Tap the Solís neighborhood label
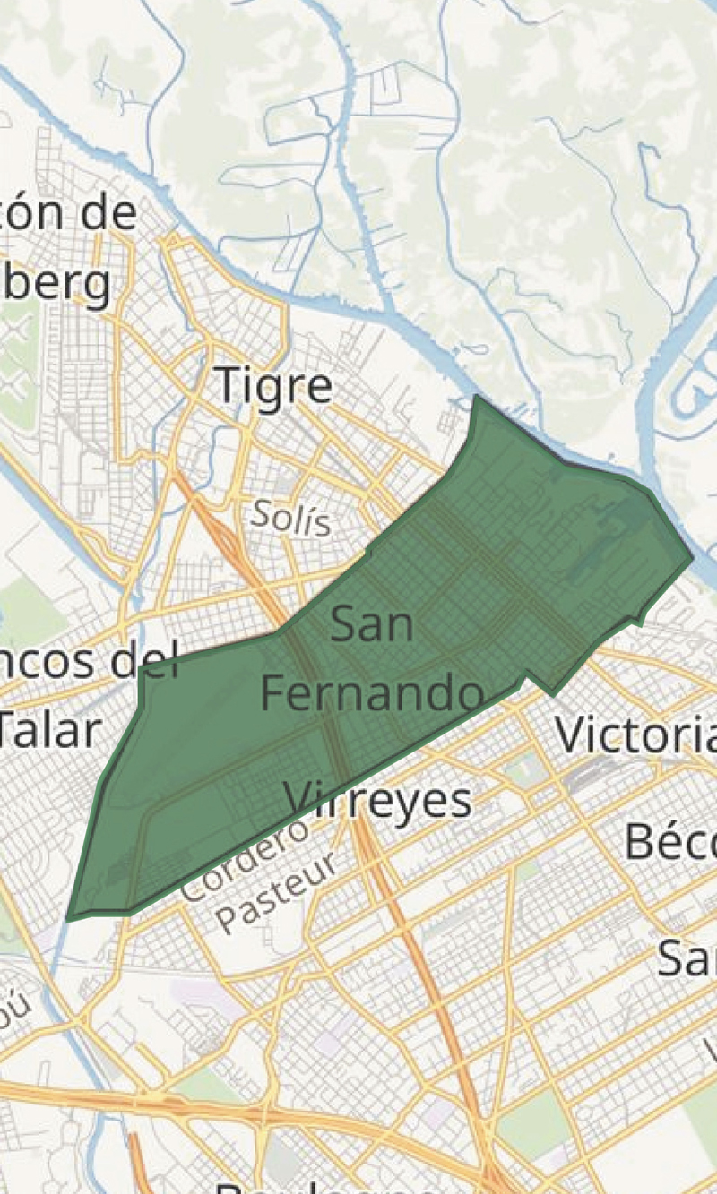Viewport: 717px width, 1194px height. [290, 519]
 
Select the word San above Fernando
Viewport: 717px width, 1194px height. [372, 624]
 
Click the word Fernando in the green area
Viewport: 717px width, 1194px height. [372, 693]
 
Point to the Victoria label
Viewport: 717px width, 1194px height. [635, 734]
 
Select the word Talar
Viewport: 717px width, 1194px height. [47, 730]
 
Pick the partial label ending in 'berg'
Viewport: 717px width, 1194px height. [56, 285]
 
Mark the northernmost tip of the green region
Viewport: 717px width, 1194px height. [476, 396]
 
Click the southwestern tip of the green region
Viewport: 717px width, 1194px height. [69, 918]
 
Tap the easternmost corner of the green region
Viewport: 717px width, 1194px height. [692, 556]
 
